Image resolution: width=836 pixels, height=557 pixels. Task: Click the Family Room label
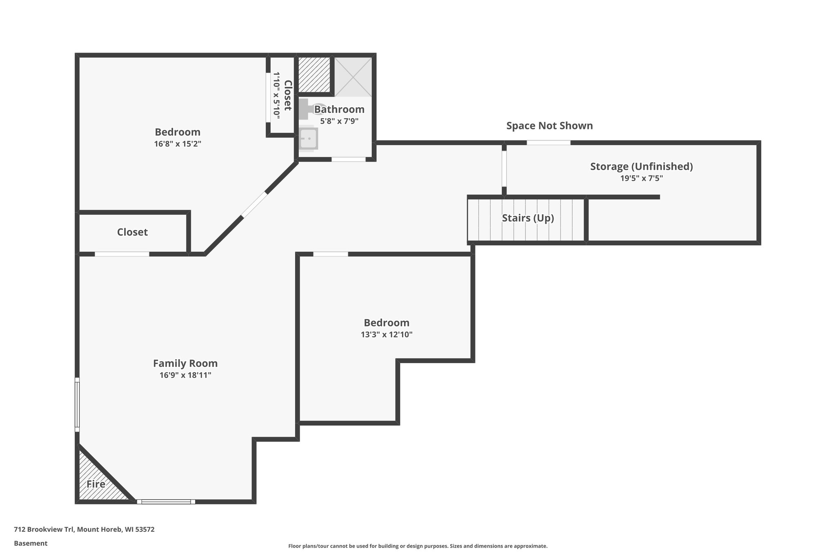(x=185, y=363)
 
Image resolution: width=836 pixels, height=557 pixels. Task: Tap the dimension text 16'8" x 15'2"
(x=178, y=144)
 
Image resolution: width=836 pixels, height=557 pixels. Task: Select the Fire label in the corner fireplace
(x=96, y=484)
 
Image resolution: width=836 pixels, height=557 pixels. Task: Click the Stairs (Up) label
(x=527, y=218)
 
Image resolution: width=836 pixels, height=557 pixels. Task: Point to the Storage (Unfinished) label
(x=641, y=166)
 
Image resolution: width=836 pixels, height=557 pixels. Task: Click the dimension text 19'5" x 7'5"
(x=641, y=178)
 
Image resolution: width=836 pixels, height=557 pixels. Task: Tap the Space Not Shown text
(x=549, y=126)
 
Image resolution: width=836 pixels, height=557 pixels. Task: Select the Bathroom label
(x=339, y=109)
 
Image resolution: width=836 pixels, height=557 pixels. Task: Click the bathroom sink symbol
(x=308, y=139)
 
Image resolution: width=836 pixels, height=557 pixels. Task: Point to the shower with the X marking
(x=353, y=77)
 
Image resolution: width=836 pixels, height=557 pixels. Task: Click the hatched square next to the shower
(x=314, y=75)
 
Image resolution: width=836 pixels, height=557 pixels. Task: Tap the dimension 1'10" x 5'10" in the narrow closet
(x=277, y=95)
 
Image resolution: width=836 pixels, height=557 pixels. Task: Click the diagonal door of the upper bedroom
(x=254, y=205)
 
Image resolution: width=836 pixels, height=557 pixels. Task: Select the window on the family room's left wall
(x=77, y=404)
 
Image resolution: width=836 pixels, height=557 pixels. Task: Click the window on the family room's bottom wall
(x=166, y=502)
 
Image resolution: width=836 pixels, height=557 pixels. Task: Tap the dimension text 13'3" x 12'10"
(x=386, y=334)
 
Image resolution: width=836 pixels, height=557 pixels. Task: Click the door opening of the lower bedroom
(x=330, y=254)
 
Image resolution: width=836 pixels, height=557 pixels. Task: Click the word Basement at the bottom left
(x=31, y=543)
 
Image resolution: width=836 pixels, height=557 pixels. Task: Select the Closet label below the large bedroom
(x=132, y=232)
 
